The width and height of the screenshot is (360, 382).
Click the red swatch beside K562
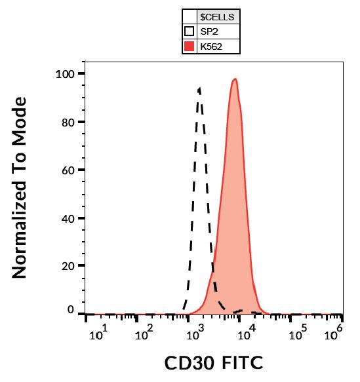[190, 47]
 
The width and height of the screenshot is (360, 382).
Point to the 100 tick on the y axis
[66, 73]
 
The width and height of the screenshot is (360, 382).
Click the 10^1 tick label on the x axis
[97, 334]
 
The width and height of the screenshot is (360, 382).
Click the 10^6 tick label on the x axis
[334, 334]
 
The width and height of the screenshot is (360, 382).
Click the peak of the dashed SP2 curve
[199, 87]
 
